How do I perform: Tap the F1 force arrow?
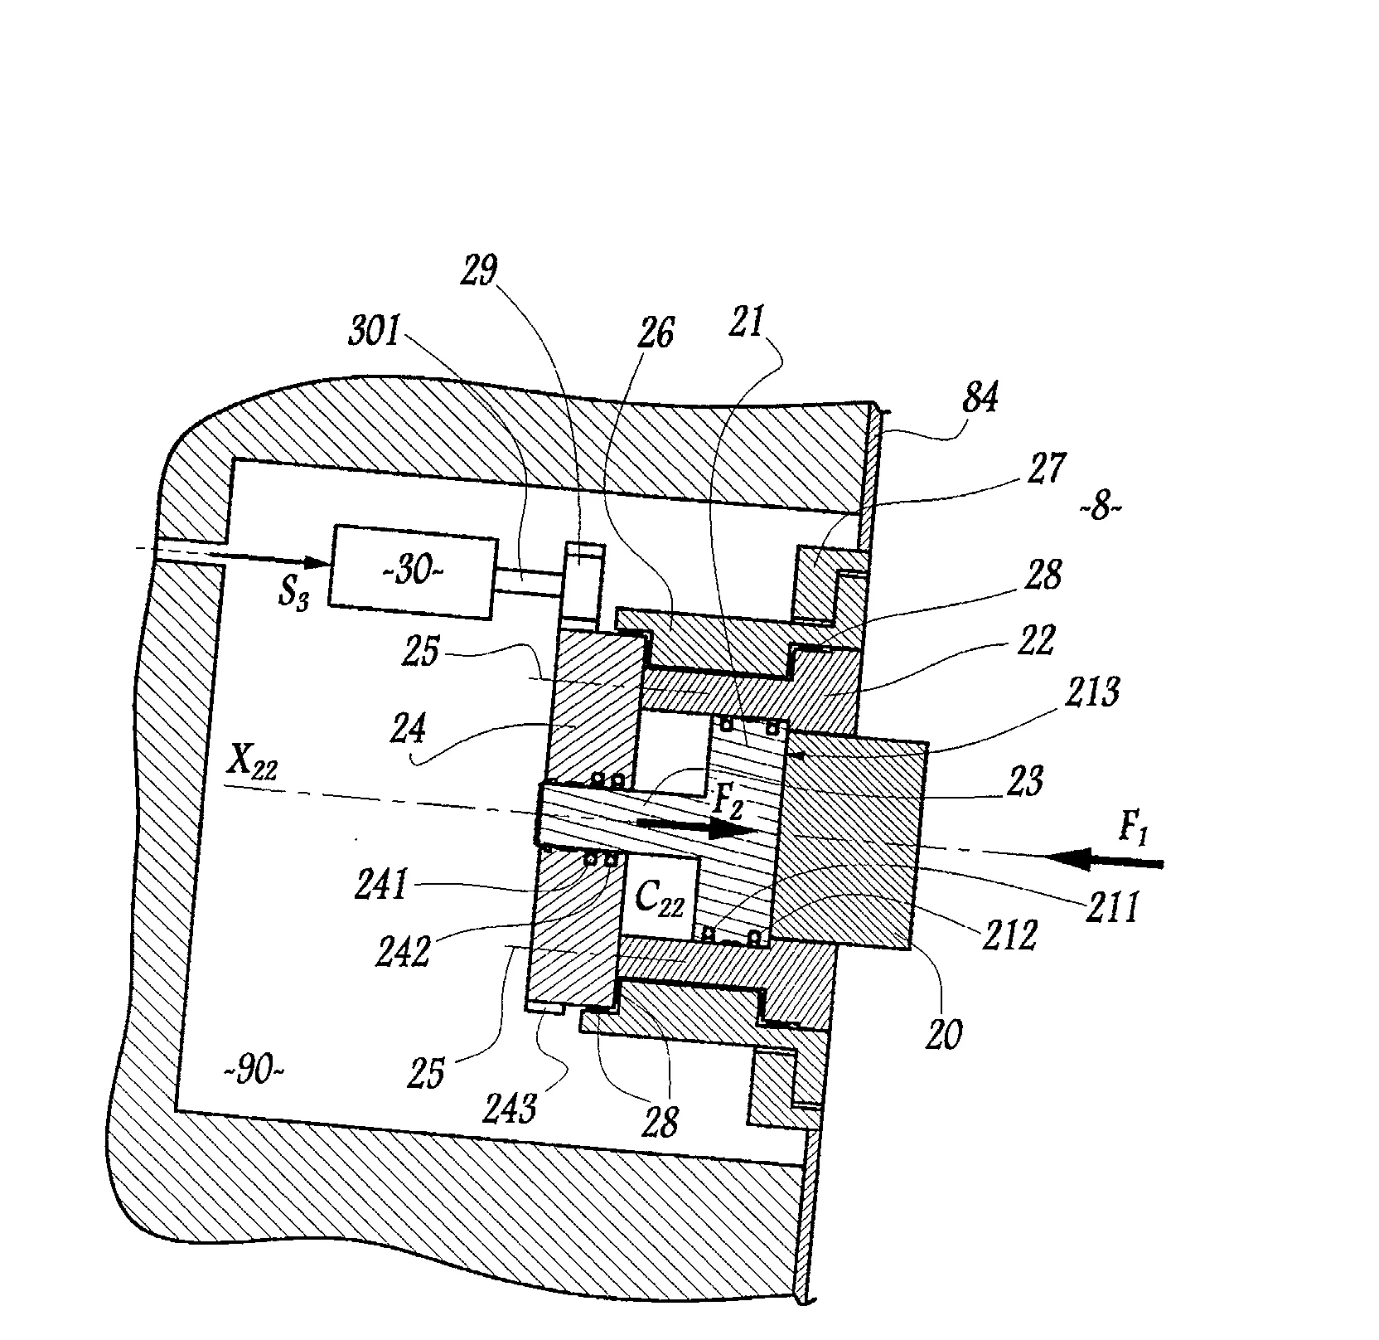tap(1103, 861)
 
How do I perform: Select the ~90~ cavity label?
tap(255, 1072)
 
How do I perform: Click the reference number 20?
tap(942, 1035)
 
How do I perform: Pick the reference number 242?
tap(403, 952)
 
